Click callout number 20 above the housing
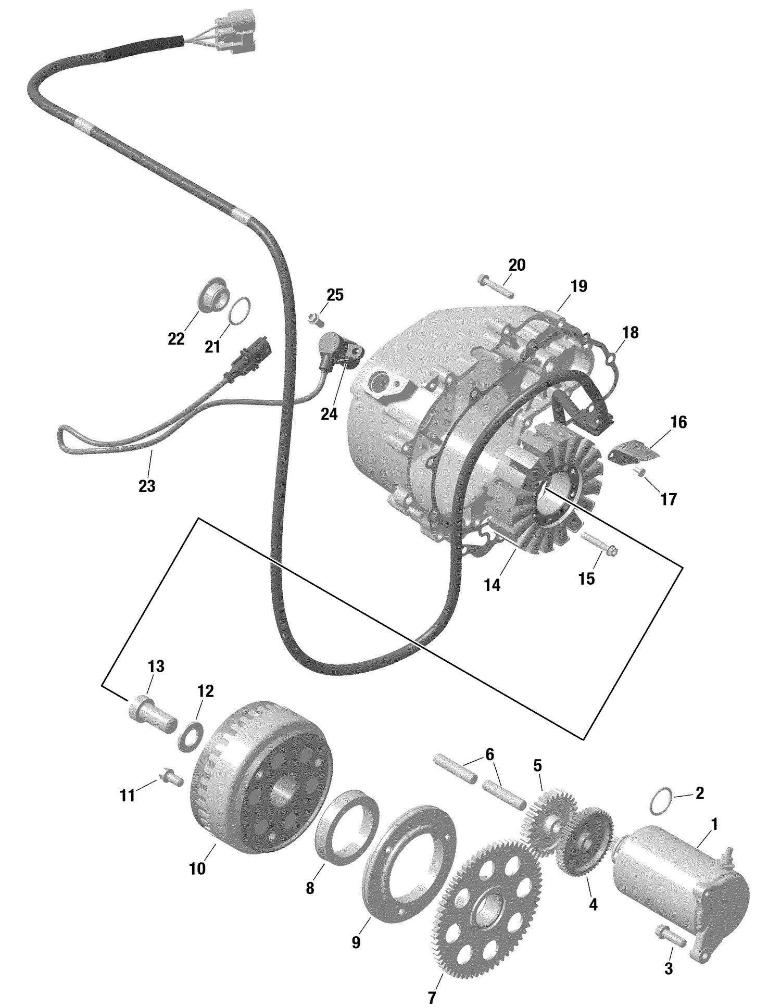coord(517,265)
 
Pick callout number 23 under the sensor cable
coord(147,486)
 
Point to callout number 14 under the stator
coord(492,585)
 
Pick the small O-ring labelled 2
coord(661,802)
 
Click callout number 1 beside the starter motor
coord(714,824)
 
